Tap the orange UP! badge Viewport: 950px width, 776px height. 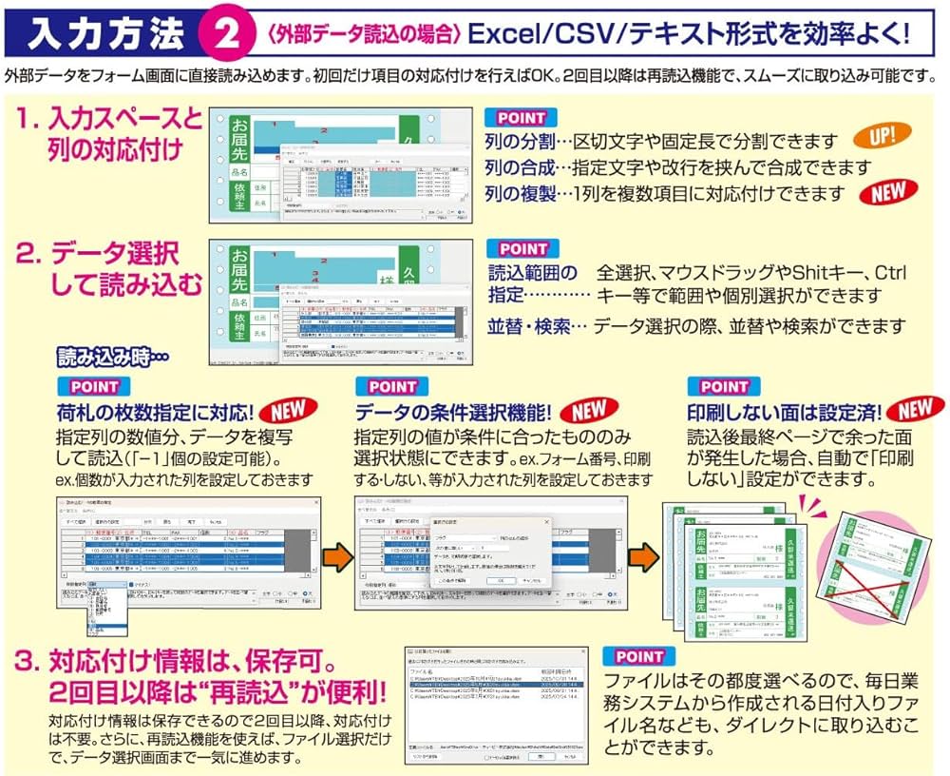pos(881,136)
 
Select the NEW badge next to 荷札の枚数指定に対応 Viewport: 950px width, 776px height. pos(289,411)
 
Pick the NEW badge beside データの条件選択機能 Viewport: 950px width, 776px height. pos(588,411)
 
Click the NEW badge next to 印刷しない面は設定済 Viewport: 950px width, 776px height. pos(913,410)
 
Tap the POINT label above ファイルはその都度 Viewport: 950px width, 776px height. pos(640,656)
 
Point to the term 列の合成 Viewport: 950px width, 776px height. pos(520,168)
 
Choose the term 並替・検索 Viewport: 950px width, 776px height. pos(529,325)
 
